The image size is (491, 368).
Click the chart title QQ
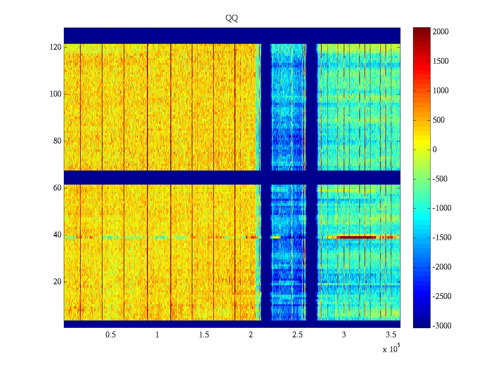click(232, 18)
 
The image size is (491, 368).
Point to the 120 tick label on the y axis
click(56, 47)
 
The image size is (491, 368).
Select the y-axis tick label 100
click(56, 94)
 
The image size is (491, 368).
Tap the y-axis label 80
click(57, 141)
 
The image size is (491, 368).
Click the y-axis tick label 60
click(57, 188)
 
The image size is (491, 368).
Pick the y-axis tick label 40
click(57, 235)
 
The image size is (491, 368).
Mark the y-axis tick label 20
click(57, 282)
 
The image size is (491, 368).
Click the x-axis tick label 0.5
click(110, 335)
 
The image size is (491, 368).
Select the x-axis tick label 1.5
click(204, 335)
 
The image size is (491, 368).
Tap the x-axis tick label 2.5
click(297, 335)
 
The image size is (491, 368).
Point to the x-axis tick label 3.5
click(391, 335)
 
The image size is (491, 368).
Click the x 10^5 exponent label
click(391, 349)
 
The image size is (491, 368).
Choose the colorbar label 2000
click(441, 32)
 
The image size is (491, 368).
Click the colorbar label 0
click(435, 150)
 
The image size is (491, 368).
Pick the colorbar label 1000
click(441, 91)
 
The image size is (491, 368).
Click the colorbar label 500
click(439, 120)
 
